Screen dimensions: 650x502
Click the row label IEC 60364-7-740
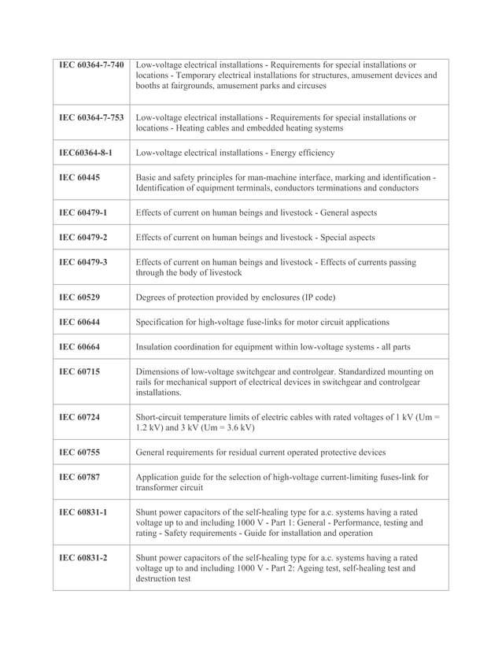(x=91, y=65)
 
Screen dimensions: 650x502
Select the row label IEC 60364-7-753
(x=91, y=117)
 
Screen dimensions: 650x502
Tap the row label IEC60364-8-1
(x=87, y=153)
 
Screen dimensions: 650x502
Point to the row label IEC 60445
(x=79, y=178)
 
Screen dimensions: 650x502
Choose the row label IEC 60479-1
(x=83, y=212)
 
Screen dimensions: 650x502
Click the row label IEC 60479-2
(x=83, y=238)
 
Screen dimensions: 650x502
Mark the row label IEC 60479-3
(x=83, y=262)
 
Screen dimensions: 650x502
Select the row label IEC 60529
(x=79, y=297)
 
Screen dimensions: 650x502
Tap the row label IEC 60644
(x=79, y=322)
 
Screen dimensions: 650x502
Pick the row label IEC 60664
(x=79, y=347)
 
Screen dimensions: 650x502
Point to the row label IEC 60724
(x=79, y=417)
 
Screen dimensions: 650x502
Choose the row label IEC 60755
(x=79, y=452)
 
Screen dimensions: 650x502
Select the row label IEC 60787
(x=79, y=477)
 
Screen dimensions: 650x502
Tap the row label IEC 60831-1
(x=83, y=512)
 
